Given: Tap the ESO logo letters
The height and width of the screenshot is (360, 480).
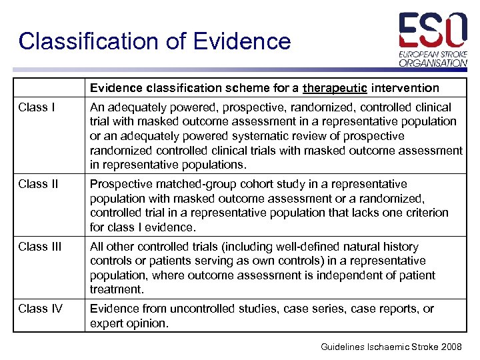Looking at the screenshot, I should (x=433, y=30).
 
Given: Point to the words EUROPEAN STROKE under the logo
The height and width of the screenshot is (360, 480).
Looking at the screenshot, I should (x=433, y=53).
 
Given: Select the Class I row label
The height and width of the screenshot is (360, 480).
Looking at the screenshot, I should (x=37, y=107).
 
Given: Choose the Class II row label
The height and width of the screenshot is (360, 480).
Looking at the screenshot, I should (x=39, y=184).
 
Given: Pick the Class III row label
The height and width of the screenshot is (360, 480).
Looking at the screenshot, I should (x=40, y=247).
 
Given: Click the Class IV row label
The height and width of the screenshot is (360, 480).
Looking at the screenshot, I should (x=41, y=309).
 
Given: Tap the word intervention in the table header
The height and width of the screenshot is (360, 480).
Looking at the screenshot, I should (x=407, y=88).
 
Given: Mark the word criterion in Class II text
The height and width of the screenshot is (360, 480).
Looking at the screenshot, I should (x=425, y=213).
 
